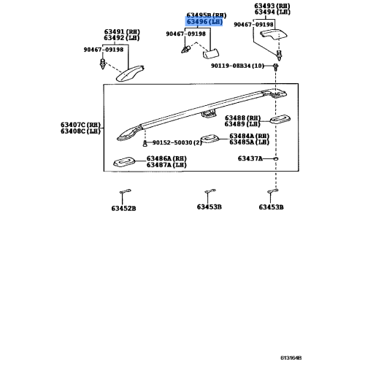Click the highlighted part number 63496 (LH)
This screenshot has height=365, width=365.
click(x=204, y=22)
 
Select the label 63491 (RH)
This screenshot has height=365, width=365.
click(x=122, y=32)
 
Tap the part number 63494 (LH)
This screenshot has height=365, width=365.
click(x=272, y=12)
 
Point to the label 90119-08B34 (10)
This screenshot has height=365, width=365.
click(x=237, y=66)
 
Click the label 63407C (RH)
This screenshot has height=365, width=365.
click(x=80, y=125)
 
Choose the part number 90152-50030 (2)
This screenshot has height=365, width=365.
click(x=177, y=142)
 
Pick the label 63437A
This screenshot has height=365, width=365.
click(x=250, y=158)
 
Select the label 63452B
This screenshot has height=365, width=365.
click(x=123, y=209)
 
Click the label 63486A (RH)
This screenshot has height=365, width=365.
click(x=166, y=158)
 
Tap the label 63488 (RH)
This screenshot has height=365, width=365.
click(x=242, y=118)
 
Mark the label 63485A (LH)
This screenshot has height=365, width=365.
click(x=249, y=142)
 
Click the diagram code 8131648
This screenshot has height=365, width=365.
click(x=291, y=358)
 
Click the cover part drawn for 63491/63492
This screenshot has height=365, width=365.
click(x=130, y=73)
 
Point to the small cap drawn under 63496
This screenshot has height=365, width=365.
click(x=211, y=53)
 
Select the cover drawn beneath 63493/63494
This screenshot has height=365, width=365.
click(x=274, y=34)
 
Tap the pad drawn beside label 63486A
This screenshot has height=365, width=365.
click(x=124, y=162)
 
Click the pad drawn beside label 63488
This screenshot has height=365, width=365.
click(x=280, y=119)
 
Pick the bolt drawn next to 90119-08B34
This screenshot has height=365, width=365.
click(x=275, y=66)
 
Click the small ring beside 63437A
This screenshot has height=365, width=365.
click(x=276, y=159)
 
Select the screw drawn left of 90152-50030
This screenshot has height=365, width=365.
click(x=145, y=144)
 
